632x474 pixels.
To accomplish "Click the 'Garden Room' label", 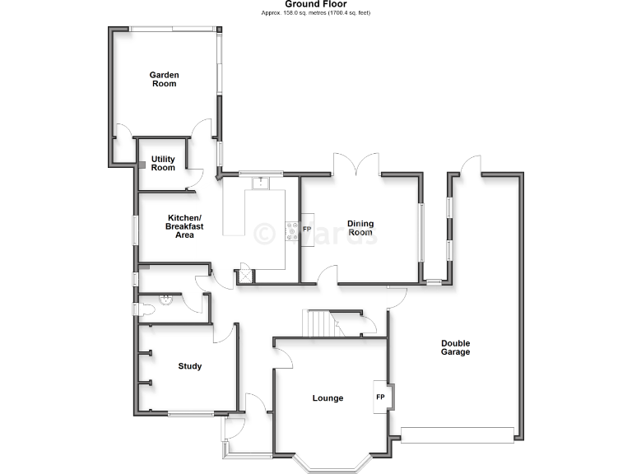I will point(164,79).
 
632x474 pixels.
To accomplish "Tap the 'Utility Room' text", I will point(163,163).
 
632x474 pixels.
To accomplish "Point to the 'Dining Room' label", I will point(360,228).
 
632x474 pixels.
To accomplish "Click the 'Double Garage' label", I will point(455,347).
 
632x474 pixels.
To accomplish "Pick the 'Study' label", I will point(189,366).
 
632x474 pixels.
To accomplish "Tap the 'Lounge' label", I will point(328,398).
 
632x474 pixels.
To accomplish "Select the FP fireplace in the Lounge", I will point(381,397).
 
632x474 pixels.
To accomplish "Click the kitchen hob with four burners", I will point(290,231).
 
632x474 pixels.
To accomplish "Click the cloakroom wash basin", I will point(168,300).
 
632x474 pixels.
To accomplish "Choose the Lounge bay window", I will point(329,466).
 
